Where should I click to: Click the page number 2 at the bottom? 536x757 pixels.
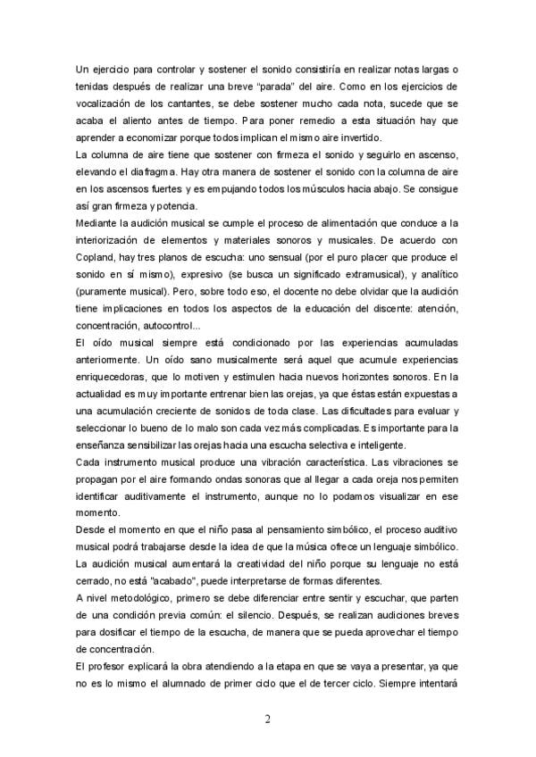268,716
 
